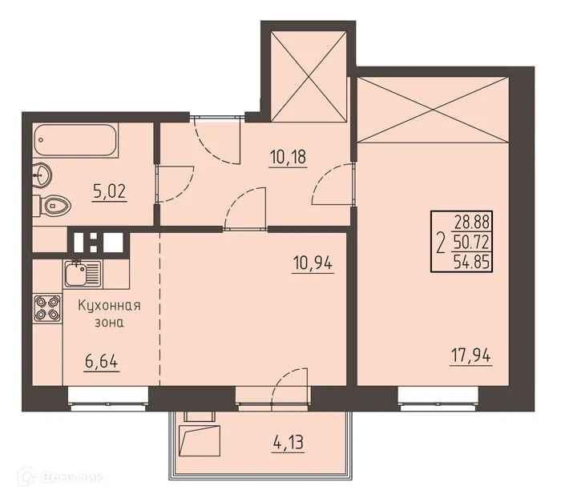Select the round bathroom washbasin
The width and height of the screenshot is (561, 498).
(43, 174)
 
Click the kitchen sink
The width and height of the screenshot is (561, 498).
(81, 274)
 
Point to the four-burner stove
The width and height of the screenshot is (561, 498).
(46, 308)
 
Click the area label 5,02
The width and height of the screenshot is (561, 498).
(109, 192)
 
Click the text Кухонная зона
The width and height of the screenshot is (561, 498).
(110, 314)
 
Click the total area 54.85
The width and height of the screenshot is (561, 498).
(472, 259)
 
